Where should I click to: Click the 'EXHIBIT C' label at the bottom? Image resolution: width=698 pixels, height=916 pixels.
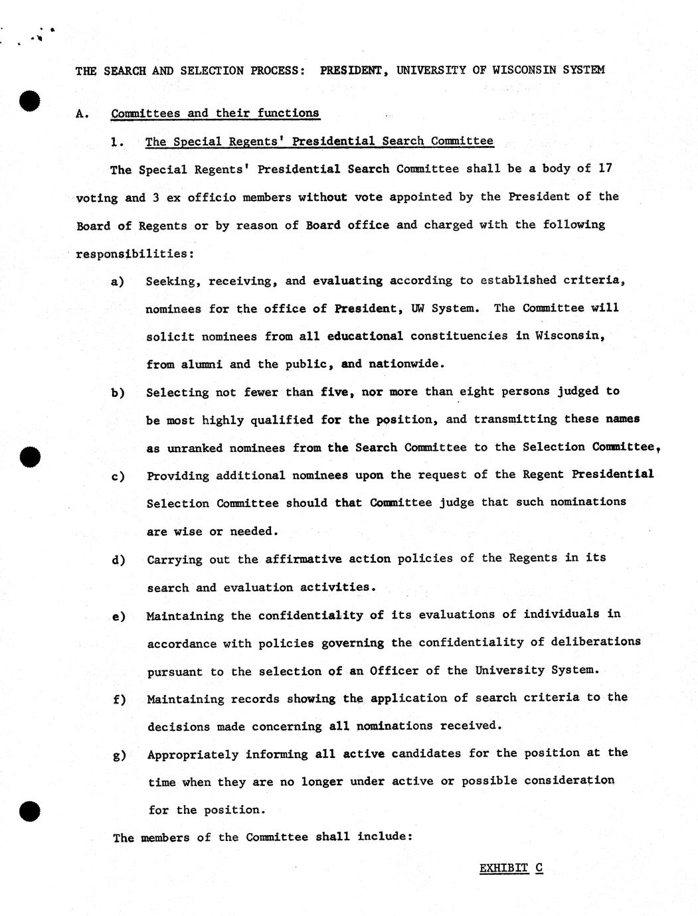(511, 868)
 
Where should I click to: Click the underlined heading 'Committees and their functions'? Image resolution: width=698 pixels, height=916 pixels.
(215, 113)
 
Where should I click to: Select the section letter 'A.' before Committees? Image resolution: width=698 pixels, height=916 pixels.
(82, 114)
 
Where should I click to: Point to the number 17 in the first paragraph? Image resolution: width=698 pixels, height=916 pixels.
(604, 168)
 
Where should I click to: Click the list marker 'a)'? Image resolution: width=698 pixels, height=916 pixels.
(118, 281)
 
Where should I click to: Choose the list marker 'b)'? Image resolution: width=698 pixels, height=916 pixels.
(118, 393)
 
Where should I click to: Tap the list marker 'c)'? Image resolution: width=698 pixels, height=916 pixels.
(118, 477)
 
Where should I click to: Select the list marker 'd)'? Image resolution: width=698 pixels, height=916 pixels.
(118, 560)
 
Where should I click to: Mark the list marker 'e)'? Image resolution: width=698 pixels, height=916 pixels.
(118, 617)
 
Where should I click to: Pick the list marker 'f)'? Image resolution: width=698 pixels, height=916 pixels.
(118, 700)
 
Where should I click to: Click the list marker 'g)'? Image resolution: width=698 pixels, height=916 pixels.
(118, 755)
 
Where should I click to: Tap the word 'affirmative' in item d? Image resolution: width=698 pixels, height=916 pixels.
(304, 559)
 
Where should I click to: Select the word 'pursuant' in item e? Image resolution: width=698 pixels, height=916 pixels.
(175, 671)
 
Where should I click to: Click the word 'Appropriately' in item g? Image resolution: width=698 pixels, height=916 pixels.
(193, 755)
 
